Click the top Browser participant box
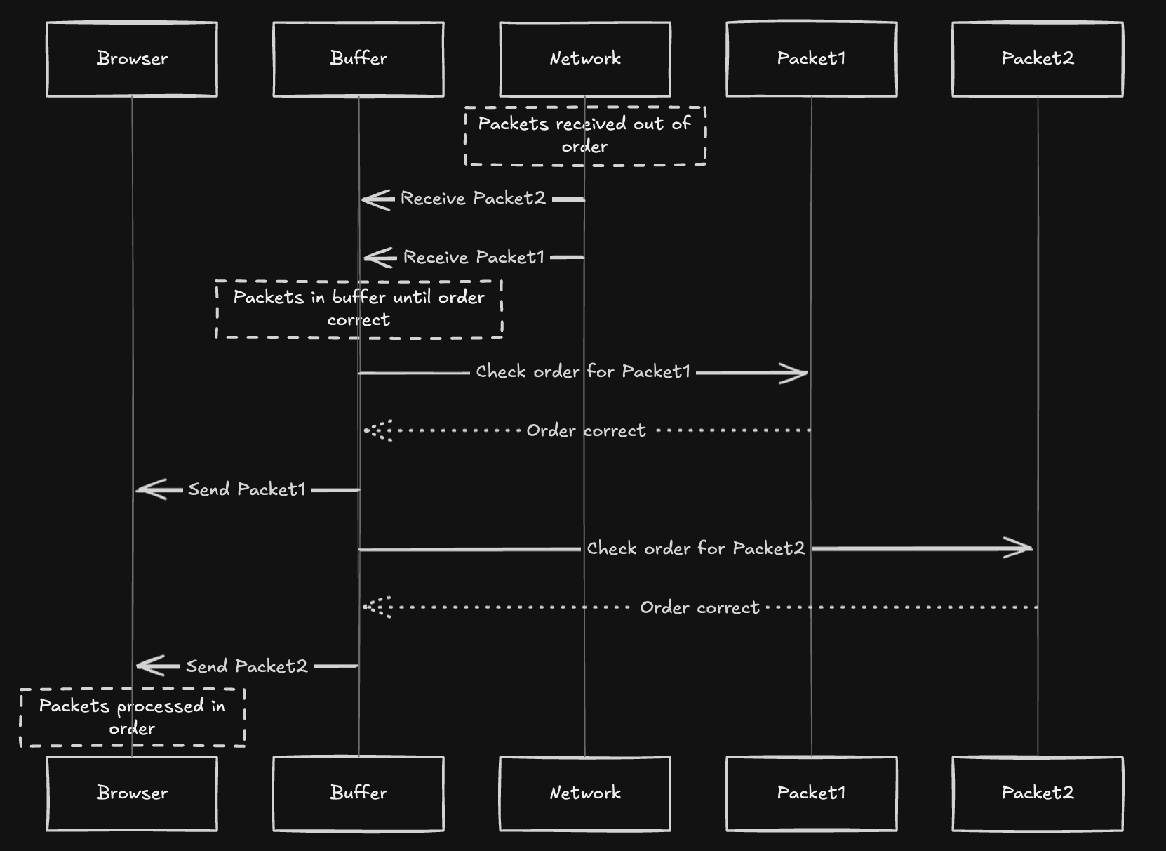pos(132,59)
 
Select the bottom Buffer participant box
pos(358,793)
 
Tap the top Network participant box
pos(585,59)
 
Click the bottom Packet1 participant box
pos(812,793)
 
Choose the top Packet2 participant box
pos(1038,59)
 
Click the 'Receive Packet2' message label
pos(473,199)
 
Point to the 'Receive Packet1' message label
pos(474,258)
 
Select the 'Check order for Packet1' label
pos(583,372)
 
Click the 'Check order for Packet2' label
pos(695,548)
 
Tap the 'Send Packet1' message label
pos(247,489)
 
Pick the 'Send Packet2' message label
pos(247,666)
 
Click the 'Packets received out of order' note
pos(585,136)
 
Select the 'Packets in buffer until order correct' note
pos(358,309)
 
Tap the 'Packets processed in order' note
pos(132,717)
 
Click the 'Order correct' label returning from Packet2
pos(699,607)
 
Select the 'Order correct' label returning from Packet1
pos(586,430)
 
